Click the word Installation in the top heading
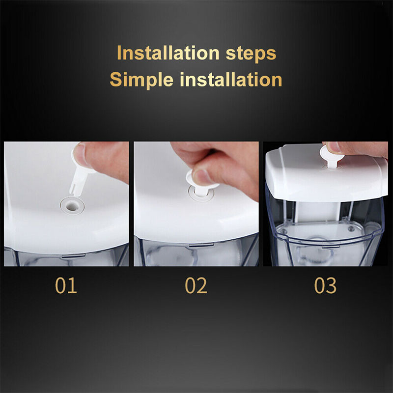(x=168, y=53)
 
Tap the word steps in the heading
(x=251, y=55)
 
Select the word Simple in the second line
(x=141, y=81)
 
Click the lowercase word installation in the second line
(x=231, y=80)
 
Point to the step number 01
(x=66, y=285)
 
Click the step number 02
(x=196, y=285)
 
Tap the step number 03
(x=325, y=285)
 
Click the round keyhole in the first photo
(x=72, y=206)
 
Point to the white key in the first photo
(x=81, y=173)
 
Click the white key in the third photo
(x=331, y=157)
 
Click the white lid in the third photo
(x=326, y=173)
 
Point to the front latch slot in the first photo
(x=74, y=256)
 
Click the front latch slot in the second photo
(x=201, y=245)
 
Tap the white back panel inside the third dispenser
(x=318, y=212)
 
